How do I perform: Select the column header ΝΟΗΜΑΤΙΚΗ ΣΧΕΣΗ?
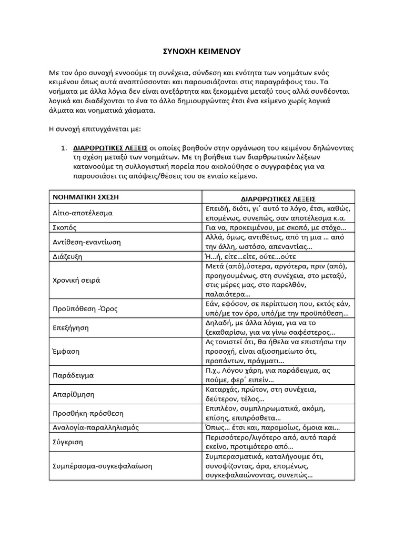84,197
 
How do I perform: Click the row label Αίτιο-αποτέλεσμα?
82,213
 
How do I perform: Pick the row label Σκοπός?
64,228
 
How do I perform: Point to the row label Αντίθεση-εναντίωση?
86,242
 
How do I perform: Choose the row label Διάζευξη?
67,256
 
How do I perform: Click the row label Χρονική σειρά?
76,280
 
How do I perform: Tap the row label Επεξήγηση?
70,327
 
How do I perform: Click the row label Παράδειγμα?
73,376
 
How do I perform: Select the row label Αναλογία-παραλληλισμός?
95,427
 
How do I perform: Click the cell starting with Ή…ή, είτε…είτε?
250,256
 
